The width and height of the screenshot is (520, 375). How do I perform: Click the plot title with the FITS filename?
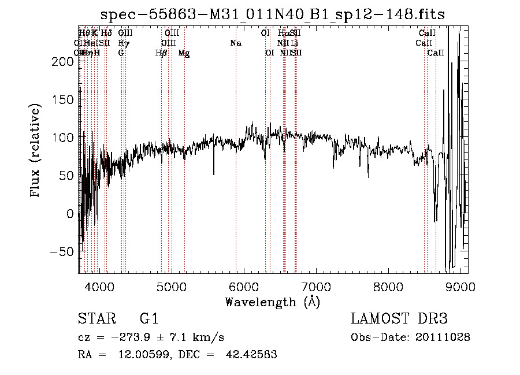(x=273, y=14)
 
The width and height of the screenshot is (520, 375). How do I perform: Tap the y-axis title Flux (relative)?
(x=36, y=151)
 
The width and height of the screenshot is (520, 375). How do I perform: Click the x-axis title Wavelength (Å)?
(x=272, y=302)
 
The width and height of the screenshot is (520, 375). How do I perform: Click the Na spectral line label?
(x=236, y=43)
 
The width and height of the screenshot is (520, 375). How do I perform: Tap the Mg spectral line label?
(x=184, y=53)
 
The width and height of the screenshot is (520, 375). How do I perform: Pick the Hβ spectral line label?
(x=161, y=53)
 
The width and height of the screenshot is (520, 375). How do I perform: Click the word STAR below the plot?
(x=94, y=319)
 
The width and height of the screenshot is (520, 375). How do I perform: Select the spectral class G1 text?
(x=149, y=319)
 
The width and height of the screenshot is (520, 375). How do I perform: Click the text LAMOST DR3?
(x=399, y=319)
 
